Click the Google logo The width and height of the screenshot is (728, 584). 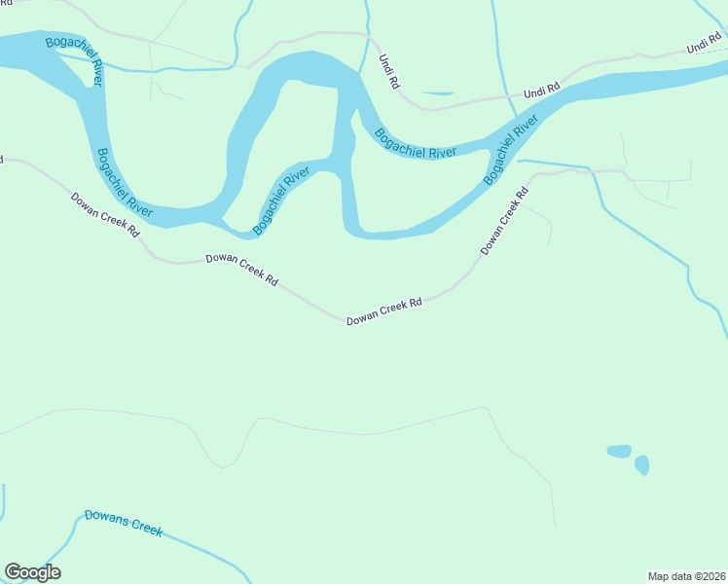32,572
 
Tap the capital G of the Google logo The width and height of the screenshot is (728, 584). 14,572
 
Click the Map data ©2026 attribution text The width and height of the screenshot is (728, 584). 686,576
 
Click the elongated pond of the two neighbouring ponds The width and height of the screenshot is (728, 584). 619,451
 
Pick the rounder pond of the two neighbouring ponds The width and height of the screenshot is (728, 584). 641,465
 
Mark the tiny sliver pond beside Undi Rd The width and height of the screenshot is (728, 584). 438,93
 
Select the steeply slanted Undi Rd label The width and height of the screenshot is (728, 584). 388,72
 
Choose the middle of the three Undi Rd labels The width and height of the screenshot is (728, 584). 541,91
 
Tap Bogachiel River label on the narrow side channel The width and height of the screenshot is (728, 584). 281,200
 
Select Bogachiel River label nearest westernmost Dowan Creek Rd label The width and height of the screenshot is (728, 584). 123,182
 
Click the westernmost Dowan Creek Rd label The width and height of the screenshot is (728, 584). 105,215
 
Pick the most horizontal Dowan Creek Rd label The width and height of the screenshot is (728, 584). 384,310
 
